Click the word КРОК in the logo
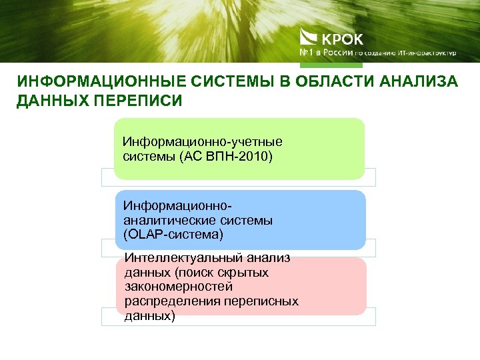(342, 38)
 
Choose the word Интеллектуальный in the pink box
(177, 257)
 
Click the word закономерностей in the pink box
(178, 287)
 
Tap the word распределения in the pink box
(167, 301)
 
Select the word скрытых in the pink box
(245, 272)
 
